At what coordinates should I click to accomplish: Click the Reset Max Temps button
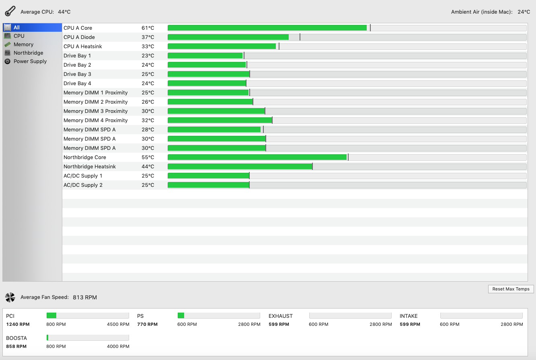point(511,289)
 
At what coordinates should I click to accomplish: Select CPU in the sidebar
point(19,36)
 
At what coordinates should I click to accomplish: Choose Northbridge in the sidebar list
point(28,53)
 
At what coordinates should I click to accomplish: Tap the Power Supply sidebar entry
point(30,61)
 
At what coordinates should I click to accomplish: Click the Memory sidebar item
point(23,45)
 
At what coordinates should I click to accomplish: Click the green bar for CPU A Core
point(267,28)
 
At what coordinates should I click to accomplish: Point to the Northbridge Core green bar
point(257,157)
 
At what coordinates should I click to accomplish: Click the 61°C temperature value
point(148,28)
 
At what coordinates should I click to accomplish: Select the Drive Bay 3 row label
point(77,74)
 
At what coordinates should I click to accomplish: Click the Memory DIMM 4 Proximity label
point(95,121)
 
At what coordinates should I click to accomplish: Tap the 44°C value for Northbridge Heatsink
point(148,167)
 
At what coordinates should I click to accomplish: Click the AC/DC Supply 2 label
point(83,185)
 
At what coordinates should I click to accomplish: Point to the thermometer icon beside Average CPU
point(10,11)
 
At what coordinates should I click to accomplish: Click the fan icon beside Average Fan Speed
point(10,297)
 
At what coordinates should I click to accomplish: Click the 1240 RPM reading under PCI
point(18,324)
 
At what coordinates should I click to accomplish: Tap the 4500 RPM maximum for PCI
point(118,324)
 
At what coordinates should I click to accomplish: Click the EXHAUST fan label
point(280,316)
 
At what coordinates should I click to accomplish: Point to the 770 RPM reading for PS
point(147,324)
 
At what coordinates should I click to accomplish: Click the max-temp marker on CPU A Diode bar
point(300,37)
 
